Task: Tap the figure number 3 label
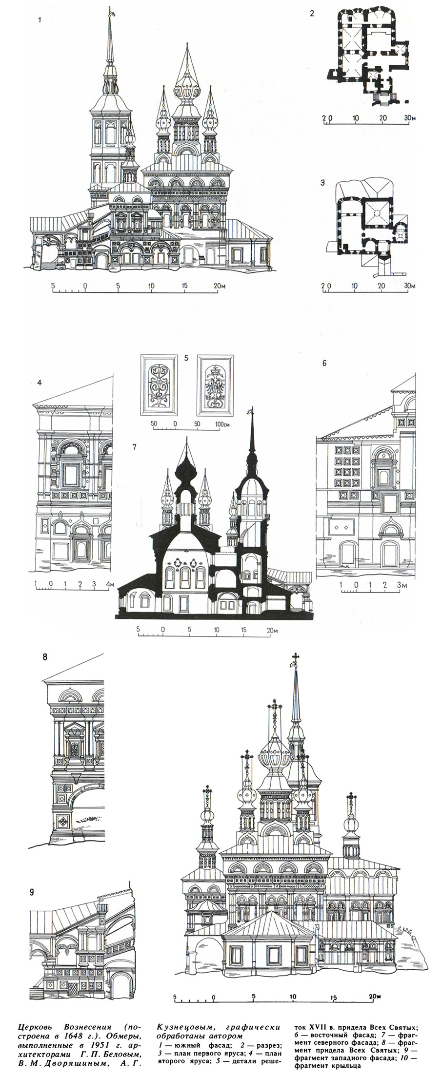pyautogui.click(x=323, y=183)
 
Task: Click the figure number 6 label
pyautogui.click(x=324, y=363)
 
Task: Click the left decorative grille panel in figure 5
pyautogui.click(x=158, y=384)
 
